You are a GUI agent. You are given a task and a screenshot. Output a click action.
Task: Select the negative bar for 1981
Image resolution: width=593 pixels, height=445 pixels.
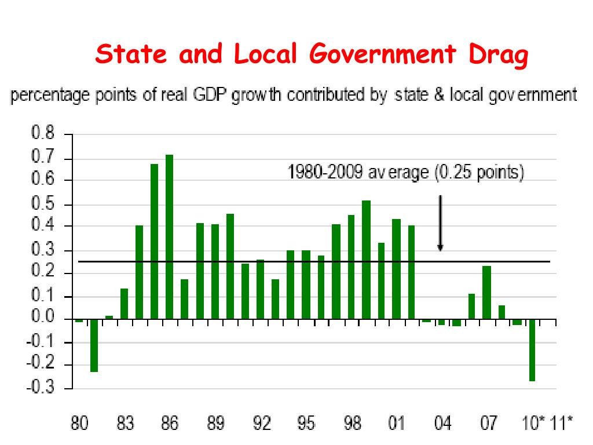94,345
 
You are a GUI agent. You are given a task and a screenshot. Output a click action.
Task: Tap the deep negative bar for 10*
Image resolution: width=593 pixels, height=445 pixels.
532,350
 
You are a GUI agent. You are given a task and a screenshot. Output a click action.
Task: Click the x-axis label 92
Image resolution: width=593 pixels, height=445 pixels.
262,425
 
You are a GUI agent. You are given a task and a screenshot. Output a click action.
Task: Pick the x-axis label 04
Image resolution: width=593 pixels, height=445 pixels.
442,425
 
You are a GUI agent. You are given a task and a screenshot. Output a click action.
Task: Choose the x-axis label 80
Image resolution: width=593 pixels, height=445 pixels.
79,425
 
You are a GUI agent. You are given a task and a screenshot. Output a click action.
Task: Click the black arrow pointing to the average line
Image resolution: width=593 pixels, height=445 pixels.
440,223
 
